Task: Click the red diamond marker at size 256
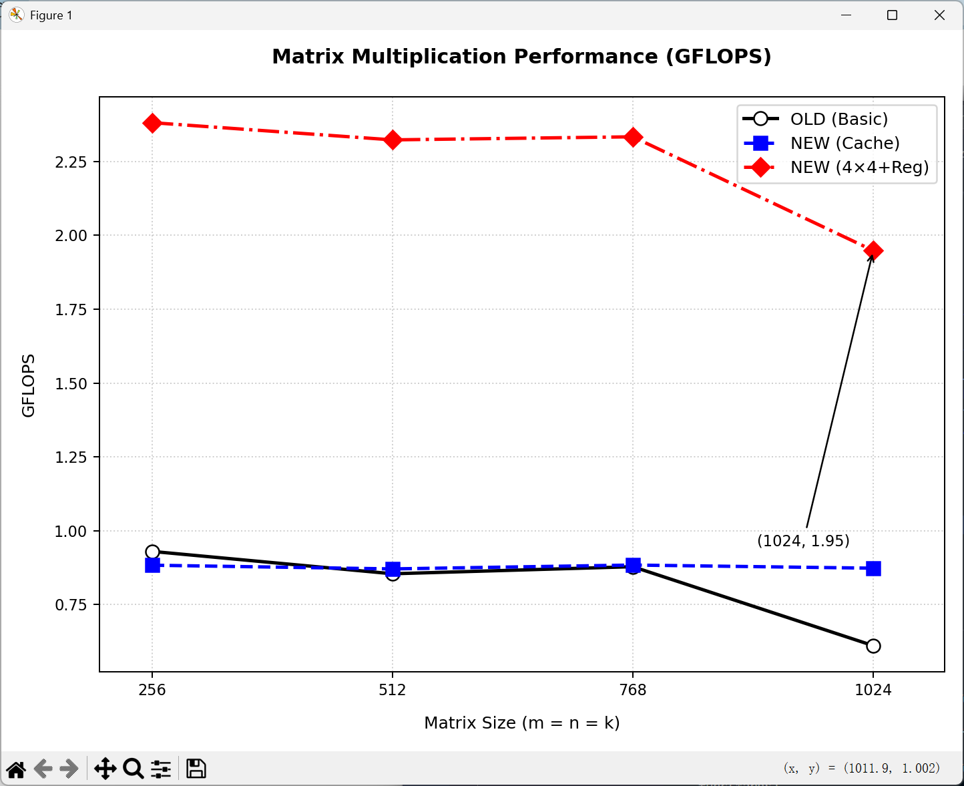(152, 124)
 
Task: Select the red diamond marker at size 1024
(873, 251)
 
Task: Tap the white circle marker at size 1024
(873, 646)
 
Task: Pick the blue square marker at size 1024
(873, 568)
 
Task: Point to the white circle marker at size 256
(152, 552)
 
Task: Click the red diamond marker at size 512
(393, 140)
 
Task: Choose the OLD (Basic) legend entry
(838, 120)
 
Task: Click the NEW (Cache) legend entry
(845, 144)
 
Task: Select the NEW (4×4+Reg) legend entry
(859, 168)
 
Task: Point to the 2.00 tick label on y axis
(71, 236)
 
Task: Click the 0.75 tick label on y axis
(71, 605)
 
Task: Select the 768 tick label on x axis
(633, 690)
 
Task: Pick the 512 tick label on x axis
(393, 690)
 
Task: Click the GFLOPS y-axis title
(28, 385)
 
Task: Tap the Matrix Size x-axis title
(522, 723)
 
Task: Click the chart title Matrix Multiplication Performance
(521, 57)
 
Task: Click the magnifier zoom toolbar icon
(134, 769)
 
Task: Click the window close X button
(939, 15)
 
